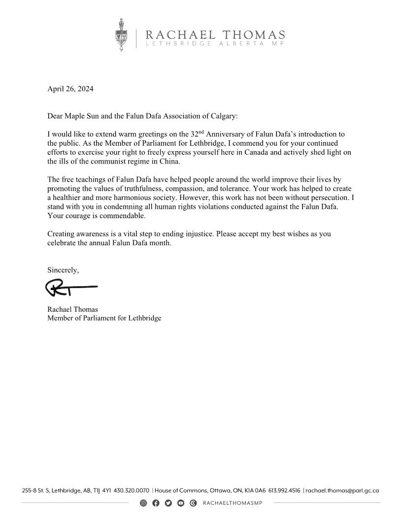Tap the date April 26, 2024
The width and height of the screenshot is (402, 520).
click(70, 89)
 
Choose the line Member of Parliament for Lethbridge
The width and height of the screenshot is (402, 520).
click(104, 318)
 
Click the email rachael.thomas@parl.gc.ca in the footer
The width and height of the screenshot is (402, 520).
click(342, 490)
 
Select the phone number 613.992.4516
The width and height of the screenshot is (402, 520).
click(284, 490)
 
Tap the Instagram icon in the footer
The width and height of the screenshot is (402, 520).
click(143, 503)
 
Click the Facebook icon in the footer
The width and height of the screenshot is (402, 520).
click(156, 503)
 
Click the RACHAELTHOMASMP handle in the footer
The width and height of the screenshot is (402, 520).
click(231, 503)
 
